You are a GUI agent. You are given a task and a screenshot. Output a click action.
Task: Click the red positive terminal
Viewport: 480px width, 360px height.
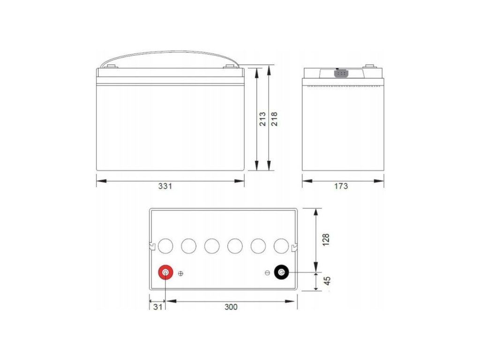pyautogui.click(x=165, y=272)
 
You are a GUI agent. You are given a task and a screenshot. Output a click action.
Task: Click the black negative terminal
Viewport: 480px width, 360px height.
pyautogui.click(x=282, y=272)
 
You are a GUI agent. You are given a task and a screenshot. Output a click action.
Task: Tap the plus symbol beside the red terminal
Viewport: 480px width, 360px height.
pyautogui.click(x=180, y=273)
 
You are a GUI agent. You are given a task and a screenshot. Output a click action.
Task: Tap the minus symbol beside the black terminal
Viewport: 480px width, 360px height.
pyautogui.click(x=267, y=273)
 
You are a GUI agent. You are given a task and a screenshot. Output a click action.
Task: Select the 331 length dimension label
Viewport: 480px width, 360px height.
pyautogui.click(x=165, y=186)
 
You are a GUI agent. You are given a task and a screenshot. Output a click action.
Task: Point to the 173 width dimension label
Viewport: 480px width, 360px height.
pyautogui.click(x=341, y=186)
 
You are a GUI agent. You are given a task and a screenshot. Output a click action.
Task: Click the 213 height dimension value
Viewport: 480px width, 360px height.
pyautogui.click(x=262, y=119)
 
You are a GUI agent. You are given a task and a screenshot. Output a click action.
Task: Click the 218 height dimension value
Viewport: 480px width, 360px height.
pyautogui.click(x=274, y=119)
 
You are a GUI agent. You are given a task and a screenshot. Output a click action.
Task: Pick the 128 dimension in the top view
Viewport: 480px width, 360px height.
pyautogui.click(x=326, y=240)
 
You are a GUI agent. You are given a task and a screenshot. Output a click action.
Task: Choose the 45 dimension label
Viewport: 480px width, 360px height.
pyautogui.click(x=327, y=281)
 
